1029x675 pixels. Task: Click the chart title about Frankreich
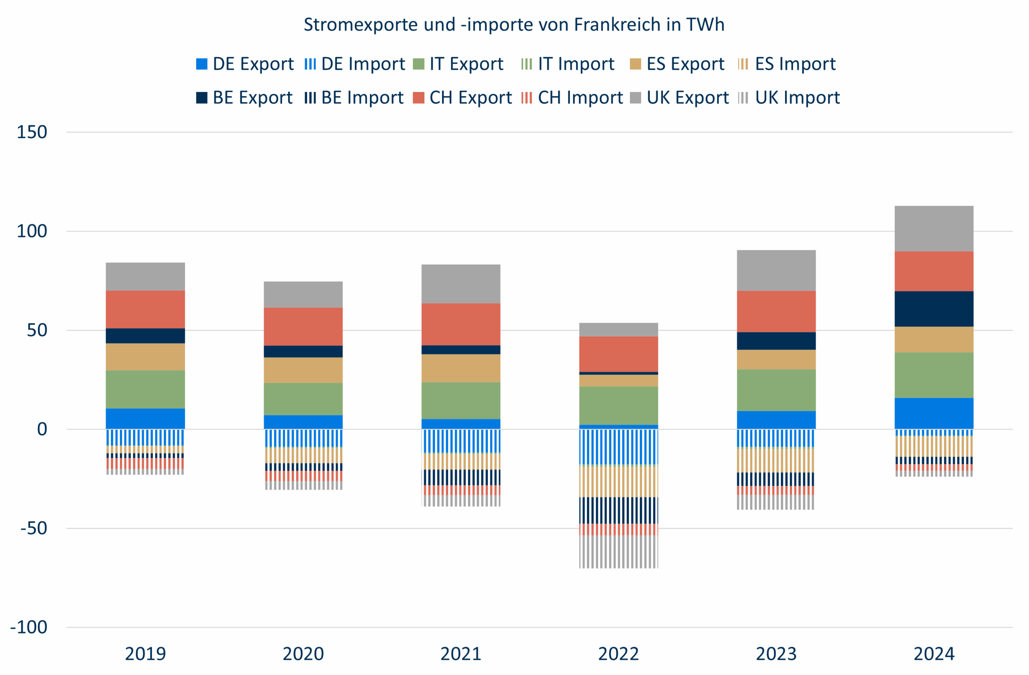point(514,25)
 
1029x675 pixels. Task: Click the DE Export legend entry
point(245,64)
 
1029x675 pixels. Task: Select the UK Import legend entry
point(789,98)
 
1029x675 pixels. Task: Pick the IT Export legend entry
point(458,64)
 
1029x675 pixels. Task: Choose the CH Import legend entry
point(572,98)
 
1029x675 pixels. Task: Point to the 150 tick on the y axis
point(32,132)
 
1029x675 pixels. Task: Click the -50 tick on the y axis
point(34,528)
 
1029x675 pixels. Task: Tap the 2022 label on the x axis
point(618,654)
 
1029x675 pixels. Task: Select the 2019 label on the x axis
point(145,654)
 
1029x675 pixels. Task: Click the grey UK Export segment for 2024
point(934,229)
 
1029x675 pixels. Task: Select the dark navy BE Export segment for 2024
point(934,309)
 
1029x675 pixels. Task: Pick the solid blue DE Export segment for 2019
point(145,418)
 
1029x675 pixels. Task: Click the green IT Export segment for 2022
point(618,405)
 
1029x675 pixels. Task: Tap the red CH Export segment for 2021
point(461,324)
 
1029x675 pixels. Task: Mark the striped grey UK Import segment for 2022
point(618,551)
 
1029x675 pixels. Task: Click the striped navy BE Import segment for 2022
point(618,510)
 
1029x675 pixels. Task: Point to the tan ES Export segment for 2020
point(303,370)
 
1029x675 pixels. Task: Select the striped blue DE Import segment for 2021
point(461,441)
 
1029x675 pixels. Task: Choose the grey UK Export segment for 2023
point(776,270)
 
